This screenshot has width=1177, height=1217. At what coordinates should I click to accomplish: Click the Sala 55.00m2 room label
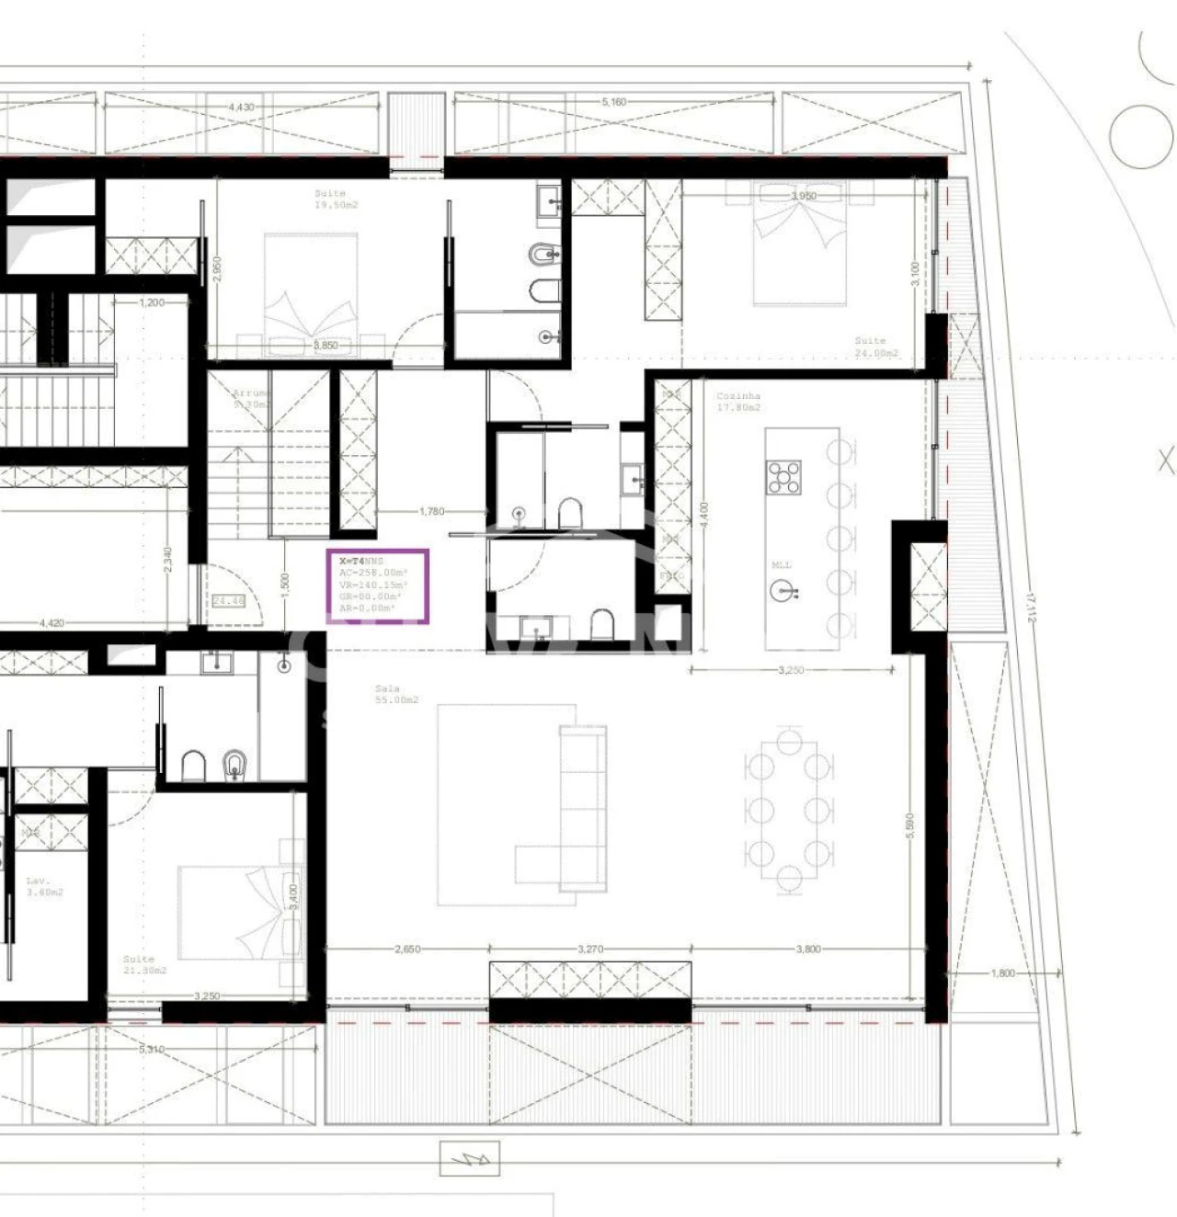coord(396,694)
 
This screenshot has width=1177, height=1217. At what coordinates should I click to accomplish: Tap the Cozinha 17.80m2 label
coord(738,402)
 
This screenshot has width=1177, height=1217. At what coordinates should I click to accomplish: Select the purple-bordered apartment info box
coord(377,586)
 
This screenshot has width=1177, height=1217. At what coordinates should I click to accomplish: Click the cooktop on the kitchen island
coord(783,477)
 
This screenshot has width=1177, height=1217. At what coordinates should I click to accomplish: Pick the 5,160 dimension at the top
coord(614,102)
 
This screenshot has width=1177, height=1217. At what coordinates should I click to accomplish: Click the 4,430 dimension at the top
coord(241,107)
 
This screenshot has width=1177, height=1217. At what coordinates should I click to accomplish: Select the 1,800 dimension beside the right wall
coord(1003,972)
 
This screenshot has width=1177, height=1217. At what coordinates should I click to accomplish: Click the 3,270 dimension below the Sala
coord(590,949)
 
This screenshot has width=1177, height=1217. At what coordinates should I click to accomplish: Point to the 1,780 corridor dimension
coord(431,511)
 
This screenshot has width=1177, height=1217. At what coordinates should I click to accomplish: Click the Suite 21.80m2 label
coord(144,964)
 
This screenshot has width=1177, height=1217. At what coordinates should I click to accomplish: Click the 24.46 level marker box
coord(228,601)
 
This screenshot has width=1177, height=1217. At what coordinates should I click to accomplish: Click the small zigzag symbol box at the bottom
coord(469,1158)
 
